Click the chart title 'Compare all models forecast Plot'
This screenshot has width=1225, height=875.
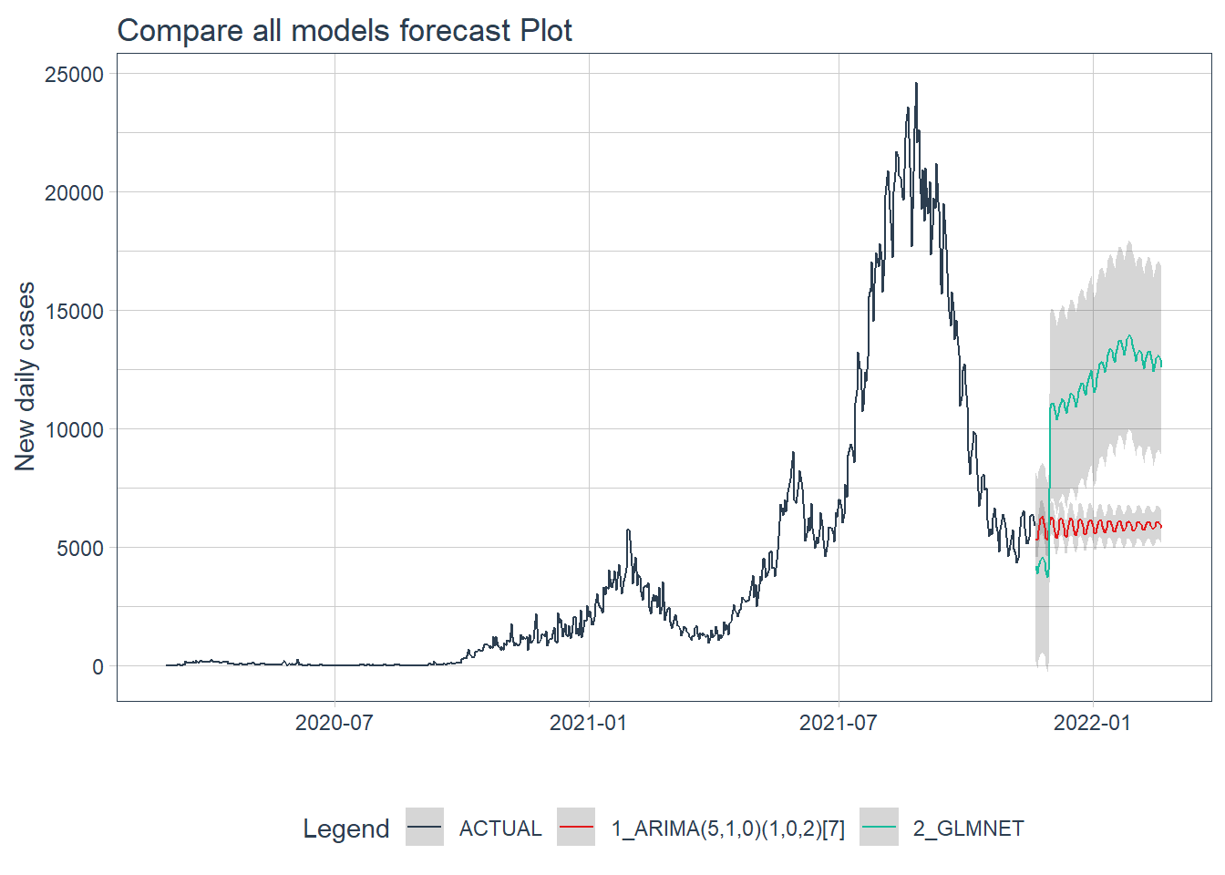point(345,30)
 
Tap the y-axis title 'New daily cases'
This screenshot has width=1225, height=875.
point(26,376)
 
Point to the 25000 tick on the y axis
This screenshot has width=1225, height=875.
point(75,75)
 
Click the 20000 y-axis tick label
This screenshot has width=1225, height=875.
point(75,193)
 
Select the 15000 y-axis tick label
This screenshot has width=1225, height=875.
point(75,312)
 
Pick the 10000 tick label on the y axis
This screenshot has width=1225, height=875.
point(75,430)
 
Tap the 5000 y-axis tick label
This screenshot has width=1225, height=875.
point(80,549)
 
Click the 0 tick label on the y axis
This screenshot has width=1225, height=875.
point(98,667)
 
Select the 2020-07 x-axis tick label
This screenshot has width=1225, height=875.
point(335,723)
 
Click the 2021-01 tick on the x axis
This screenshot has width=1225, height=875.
point(588,723)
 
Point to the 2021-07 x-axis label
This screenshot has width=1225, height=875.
point(838,723)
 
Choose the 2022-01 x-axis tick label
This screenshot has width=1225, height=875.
point(1092,723)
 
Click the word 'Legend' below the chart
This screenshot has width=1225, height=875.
point(346,829)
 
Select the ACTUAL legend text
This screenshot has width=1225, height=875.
point(500,829)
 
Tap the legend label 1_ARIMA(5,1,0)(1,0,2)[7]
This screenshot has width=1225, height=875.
point(728,829)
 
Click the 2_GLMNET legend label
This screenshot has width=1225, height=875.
point(969,829)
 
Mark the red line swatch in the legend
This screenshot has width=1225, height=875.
point(576,828)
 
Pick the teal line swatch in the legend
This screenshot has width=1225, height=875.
point(880,828)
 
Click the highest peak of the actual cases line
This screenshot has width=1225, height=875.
point(916,84)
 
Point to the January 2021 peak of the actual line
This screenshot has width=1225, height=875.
point(628,530)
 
